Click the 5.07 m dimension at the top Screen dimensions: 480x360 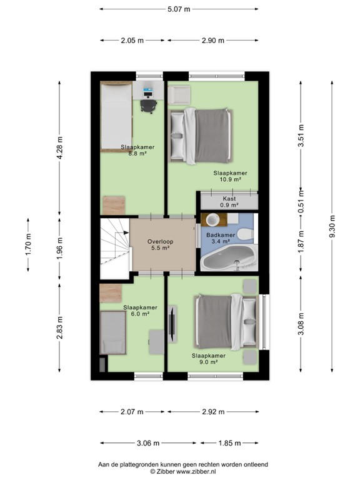(x=179, y=9)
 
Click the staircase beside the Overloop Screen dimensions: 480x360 (x=114, y=246)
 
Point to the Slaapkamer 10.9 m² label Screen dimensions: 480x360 (x=229, y=176)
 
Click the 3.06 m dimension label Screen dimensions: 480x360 (x=147, y=443)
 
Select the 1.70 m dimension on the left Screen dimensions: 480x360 (x=28, y=244)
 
